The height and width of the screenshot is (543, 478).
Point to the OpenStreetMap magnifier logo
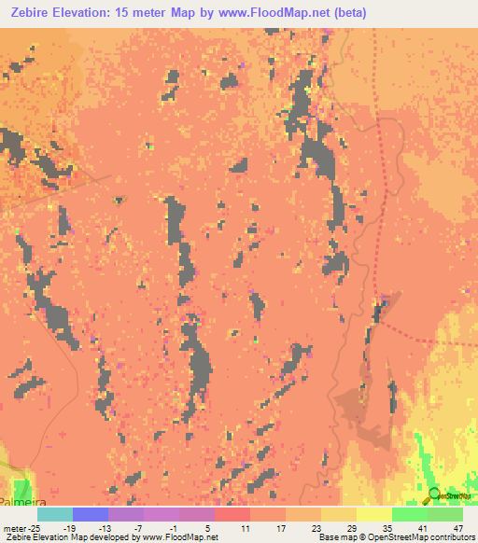pyautogui.click(x=435, y=496)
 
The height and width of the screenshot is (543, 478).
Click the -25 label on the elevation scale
pyautogui.click(x=32, y=528)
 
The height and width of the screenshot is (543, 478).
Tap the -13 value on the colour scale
pyautogui.click(x=105, y=528)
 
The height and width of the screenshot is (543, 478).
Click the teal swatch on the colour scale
pyautogui.click(x=55, y=514)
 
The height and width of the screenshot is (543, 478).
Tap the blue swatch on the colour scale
pyautogui.click(x=91, y=514)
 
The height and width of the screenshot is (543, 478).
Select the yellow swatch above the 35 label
pyautogui.click(x=373, y=514)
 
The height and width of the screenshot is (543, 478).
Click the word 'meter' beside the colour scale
pyautogui.click(x=14, y=528)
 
